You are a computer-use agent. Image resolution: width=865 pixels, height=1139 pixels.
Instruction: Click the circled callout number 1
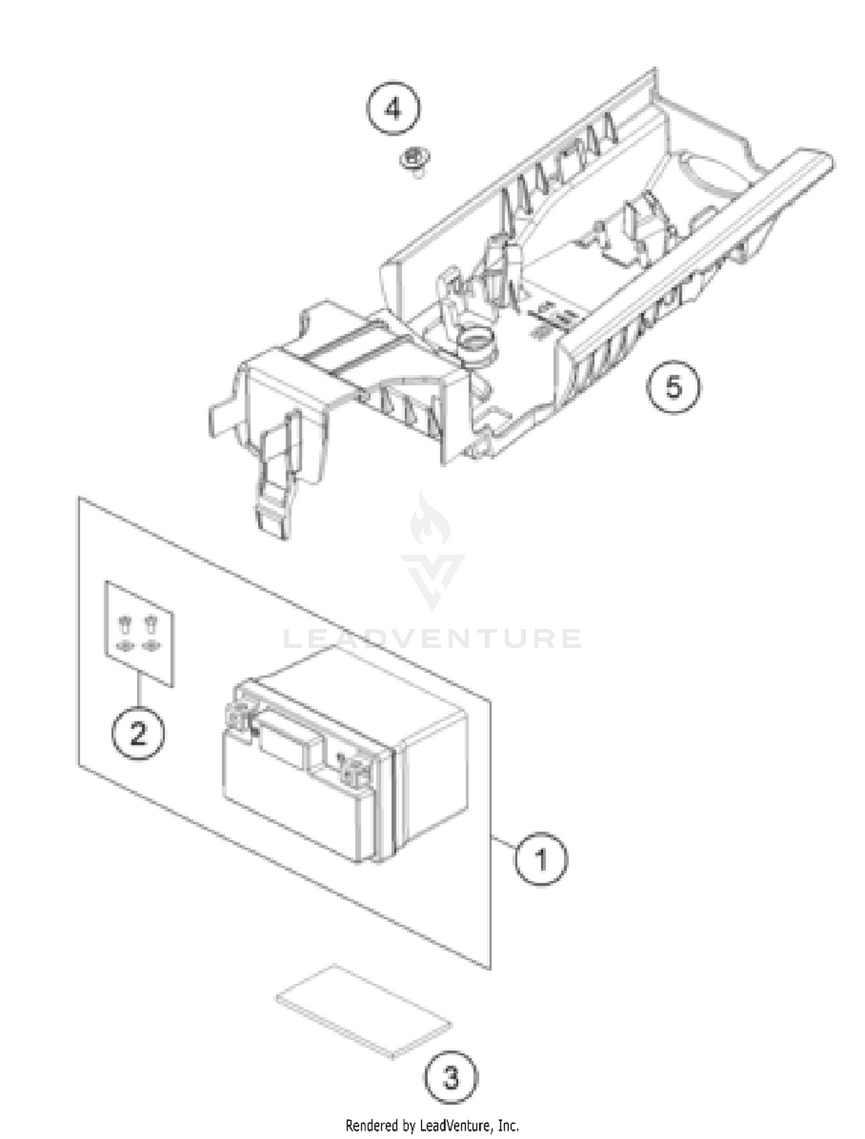[x=541, y=860]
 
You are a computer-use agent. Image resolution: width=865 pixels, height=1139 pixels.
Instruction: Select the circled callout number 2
[x=138, y=733]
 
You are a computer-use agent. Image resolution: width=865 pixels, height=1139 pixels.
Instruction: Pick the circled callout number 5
[x=674, y=386]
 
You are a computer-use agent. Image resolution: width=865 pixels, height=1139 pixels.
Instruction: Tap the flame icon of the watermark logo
[x=430, y=521]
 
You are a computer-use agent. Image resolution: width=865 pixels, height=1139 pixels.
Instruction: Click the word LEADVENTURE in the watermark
[x=432, y=639]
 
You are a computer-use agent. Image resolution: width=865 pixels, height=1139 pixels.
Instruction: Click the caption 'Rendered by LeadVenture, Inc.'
[x=432, y=1125]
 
